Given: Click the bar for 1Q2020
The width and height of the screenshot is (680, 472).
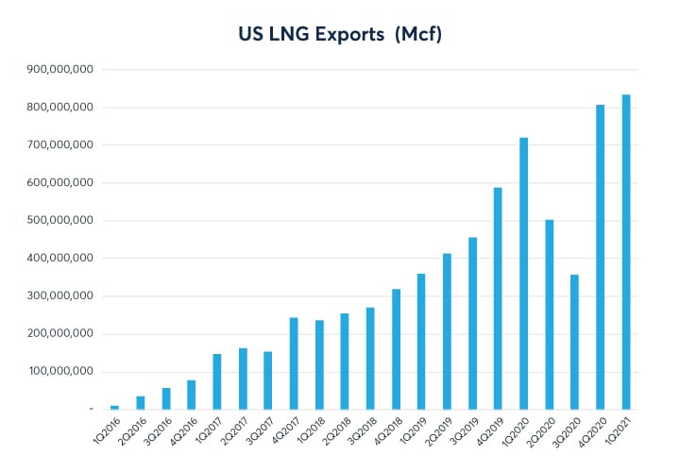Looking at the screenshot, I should pos(524,274).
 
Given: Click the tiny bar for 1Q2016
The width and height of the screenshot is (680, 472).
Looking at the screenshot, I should pos(115,407).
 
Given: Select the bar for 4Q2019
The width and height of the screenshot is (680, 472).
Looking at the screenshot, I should pos(499,298).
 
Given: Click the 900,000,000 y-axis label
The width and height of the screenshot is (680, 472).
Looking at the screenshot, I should pos(59,70).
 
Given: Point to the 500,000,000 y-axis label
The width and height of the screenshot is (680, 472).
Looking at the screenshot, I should pos(59,221).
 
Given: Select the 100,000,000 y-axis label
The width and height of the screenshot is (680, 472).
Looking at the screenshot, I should pos(59,372).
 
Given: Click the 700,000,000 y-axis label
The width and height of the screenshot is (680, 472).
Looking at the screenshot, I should pos(59,145).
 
